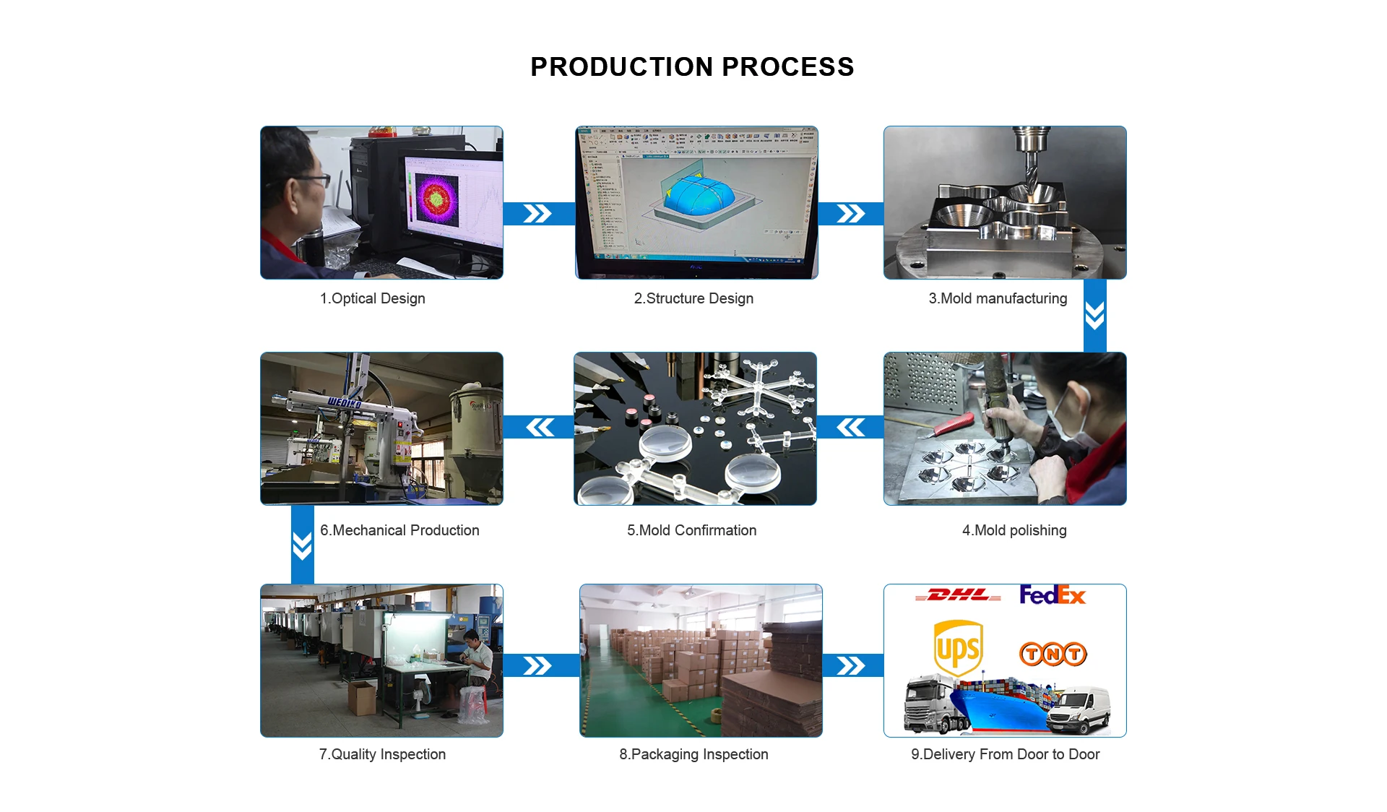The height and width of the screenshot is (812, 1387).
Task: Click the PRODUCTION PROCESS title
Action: [692, 67]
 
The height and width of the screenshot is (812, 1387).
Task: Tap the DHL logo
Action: [959, 595]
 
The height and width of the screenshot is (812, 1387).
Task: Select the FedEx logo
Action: [1053, 595]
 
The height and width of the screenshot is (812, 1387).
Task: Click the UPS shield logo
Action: [958, 648]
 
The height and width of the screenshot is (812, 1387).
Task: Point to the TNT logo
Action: [1053, 654]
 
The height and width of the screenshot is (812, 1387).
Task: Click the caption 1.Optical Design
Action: [372, 298]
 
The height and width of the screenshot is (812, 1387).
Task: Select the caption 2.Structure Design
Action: [693, 298]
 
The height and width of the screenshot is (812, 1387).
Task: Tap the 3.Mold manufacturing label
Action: [998, 298]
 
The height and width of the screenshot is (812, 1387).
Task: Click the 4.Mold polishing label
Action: [1014, 530]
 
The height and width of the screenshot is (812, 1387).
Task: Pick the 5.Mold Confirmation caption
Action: [691, 530]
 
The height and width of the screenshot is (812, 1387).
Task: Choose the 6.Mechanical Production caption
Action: [399, 530]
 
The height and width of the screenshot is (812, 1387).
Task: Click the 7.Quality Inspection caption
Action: [382, 754]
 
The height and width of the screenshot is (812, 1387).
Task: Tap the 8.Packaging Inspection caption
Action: [693, 754]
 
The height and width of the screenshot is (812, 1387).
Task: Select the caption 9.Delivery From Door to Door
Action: [1005, 754]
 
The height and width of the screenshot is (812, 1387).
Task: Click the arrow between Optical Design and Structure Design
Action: [537, 214]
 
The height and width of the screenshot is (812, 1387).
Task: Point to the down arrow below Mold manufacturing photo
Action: [1094, 316]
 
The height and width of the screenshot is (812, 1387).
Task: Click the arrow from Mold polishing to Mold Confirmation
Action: [851, 428]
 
